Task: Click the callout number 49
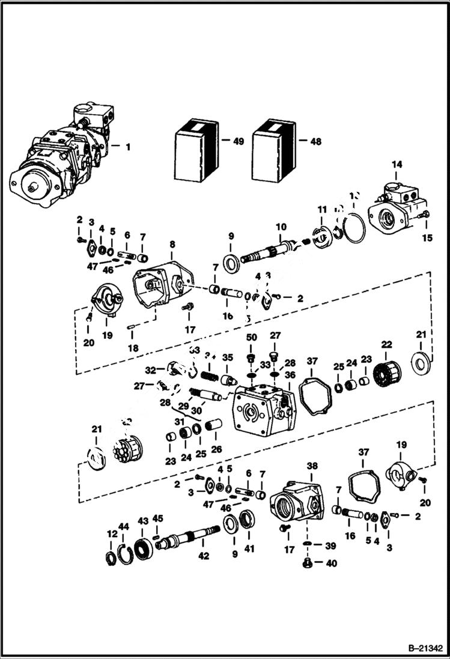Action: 239,142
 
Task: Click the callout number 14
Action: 398,164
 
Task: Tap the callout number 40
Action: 330,563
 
